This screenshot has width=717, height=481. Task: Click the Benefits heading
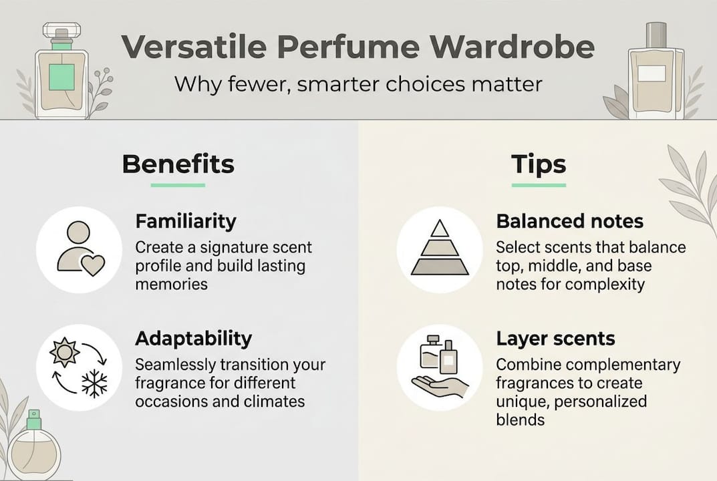(178, 164)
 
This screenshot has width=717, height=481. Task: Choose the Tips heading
(539, 164)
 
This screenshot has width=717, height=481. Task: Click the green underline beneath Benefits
(178, 184)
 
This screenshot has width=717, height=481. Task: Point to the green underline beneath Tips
(539, 184)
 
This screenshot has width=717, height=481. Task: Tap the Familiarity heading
(186, 221)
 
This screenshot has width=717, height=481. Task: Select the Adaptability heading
(193, 339)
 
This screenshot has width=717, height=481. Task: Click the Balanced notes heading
(569, 221)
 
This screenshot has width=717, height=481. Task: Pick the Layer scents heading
(555, 339)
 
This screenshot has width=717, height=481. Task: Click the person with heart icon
(79, 249)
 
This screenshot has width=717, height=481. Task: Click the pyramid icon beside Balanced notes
(439, 249)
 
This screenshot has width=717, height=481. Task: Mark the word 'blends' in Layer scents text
(520, 420)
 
